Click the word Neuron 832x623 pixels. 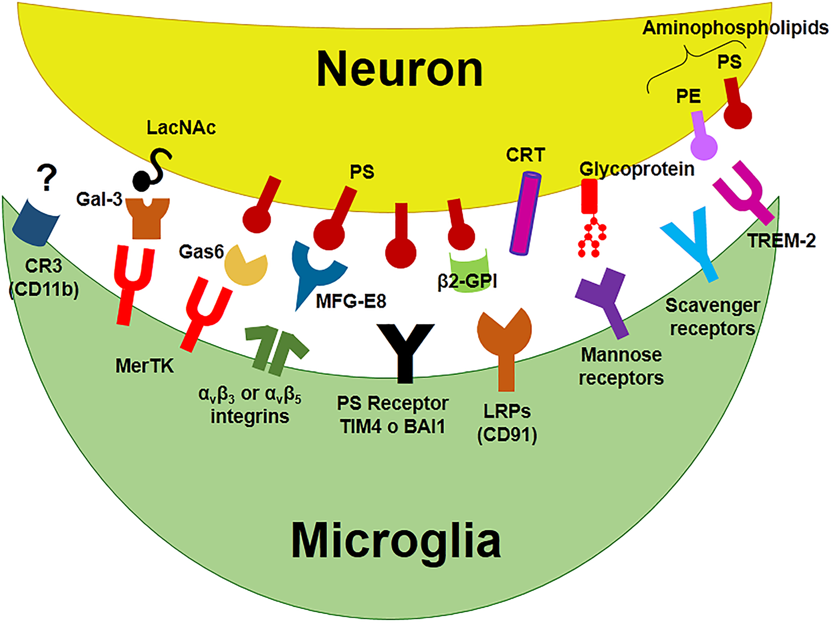(399, 70)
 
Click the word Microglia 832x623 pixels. (396, 541)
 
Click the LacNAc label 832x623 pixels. (181, 127)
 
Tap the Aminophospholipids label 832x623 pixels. (735, 28)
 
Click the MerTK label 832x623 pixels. (145, 366)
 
